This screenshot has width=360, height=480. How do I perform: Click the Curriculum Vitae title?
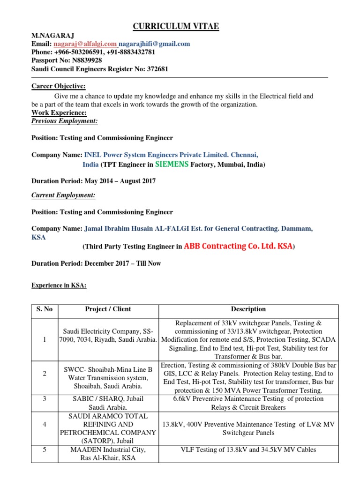(x=176, y=26)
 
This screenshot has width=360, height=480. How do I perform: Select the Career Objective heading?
(x=59, y=86)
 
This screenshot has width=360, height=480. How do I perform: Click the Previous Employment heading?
(x=65, y=121)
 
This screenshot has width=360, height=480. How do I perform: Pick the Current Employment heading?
(x=63, y=195)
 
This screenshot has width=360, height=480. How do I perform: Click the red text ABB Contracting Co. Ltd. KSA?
(x=239, y=246)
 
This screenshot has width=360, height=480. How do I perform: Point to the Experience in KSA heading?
(x=59, y=285)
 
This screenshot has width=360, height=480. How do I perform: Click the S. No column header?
(x=45, y=309)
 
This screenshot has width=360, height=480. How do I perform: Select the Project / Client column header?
(x=108, y=309)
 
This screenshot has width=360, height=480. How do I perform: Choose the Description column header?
(x=248, y=309)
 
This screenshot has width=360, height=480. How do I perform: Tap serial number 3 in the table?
(x=45, y=398)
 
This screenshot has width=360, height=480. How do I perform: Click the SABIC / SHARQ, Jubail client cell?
(x=108, y=403)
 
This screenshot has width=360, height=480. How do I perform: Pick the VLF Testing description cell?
(x=248, y=450)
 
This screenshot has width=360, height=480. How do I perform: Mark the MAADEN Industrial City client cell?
(x=108, y=454)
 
